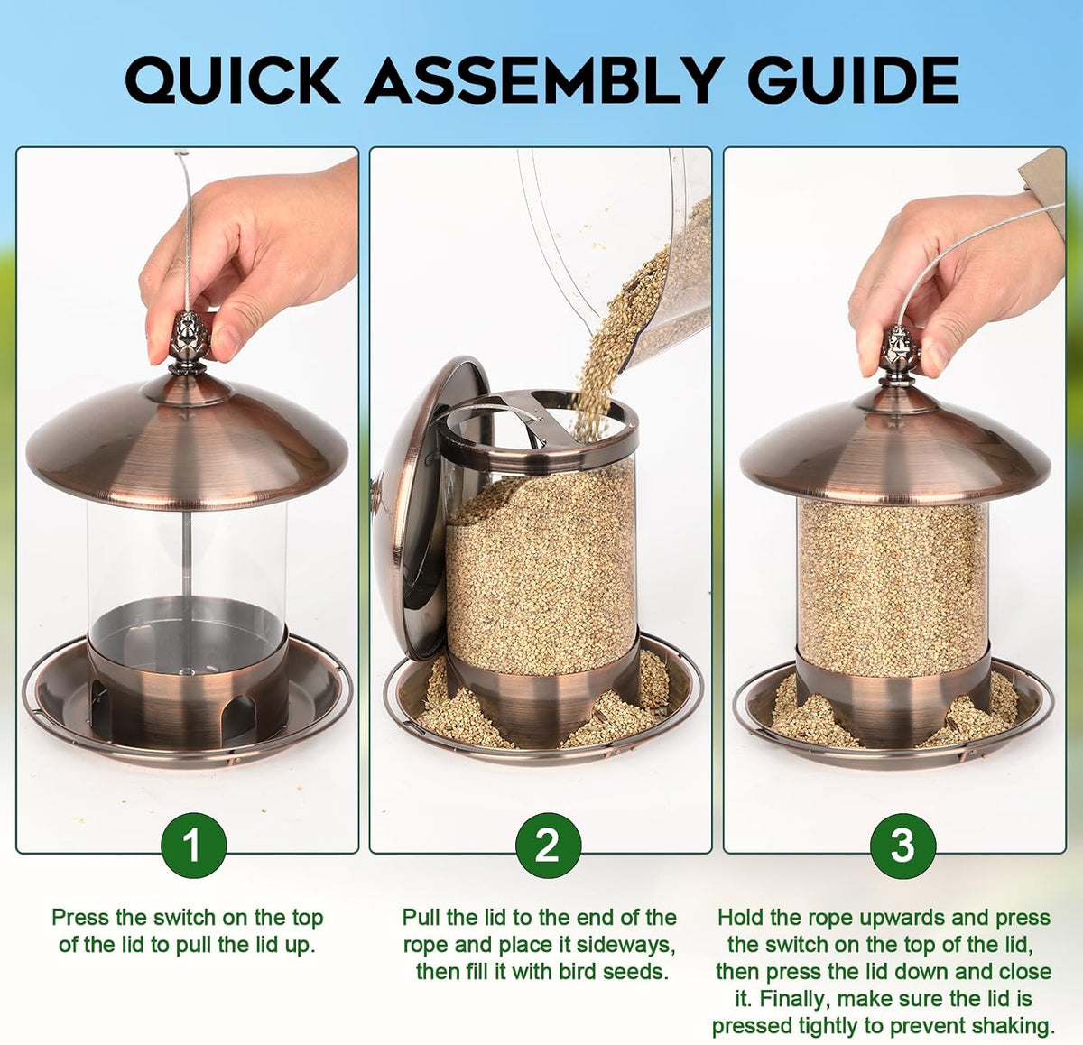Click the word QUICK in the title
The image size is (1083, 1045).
click(232, 80)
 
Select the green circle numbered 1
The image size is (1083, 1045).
click(194, 846)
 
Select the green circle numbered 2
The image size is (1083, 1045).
click(548, 846)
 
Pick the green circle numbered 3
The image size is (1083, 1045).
click(902, 846)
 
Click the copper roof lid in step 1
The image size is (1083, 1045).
click(187, 442)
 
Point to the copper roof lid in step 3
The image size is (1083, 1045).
click(895, 450)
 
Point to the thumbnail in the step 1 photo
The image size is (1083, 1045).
click(227, 341)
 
